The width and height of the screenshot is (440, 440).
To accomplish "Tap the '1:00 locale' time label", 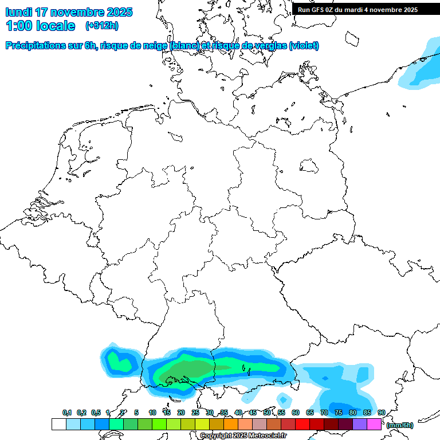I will point(41,26).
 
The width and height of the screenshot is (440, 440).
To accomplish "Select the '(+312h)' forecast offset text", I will point(102,26).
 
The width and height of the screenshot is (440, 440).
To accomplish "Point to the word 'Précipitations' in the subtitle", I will point(36,46).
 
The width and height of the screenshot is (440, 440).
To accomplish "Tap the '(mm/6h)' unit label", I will point(400,425).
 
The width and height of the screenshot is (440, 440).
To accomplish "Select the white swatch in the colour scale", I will point(58,424).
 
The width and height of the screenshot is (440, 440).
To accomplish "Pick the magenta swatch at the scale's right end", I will point(374,424).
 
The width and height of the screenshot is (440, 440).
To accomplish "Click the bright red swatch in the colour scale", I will point(302,424).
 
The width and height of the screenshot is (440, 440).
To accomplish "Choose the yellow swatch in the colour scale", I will point(202,424).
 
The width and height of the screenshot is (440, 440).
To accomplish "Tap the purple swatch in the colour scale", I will point(360,424).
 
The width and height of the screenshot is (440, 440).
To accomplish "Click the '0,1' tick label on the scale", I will point(67,413).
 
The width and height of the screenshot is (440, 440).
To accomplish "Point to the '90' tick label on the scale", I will point(382,413).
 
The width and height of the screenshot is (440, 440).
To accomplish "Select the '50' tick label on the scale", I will point(267,413).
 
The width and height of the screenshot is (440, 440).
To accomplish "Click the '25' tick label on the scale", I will point(195,413).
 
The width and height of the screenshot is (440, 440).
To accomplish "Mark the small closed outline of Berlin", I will point(310,166).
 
